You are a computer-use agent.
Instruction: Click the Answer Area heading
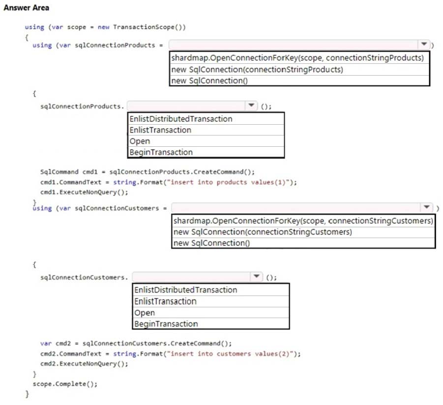[x=26, y=8]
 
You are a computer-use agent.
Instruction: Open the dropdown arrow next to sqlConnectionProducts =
[x=424, y=44]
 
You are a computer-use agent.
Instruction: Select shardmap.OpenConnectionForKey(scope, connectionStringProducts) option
[x=297, y=58]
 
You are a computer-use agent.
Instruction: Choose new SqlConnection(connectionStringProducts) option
[x=257, y=69]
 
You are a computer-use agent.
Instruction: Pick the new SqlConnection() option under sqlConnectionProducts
[x=209, y=81]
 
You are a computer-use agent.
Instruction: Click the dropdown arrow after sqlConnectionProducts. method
[x=251, y=106]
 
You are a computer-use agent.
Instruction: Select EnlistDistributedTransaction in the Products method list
[x=181, y=119]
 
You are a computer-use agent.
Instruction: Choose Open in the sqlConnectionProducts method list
[x=140, y=141]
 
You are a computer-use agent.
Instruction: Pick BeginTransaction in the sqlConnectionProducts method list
[x=161, y=152]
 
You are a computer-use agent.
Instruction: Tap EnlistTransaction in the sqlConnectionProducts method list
[x=160, y=130]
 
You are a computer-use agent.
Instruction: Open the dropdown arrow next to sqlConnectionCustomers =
[x=426, y=207]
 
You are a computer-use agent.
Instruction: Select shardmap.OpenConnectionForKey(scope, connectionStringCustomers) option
[x=303, y=220]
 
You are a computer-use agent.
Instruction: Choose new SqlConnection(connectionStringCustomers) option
[x=263, y=232]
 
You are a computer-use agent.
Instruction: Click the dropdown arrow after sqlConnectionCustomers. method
[x=256, y=276]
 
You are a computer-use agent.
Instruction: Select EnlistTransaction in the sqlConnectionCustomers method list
[x=165, y=301]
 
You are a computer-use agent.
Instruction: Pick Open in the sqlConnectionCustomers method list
[x=145, y=313]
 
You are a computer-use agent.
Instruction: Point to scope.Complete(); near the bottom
[x=65, y=384]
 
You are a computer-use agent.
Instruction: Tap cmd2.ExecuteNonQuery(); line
[x=84, y=364]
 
